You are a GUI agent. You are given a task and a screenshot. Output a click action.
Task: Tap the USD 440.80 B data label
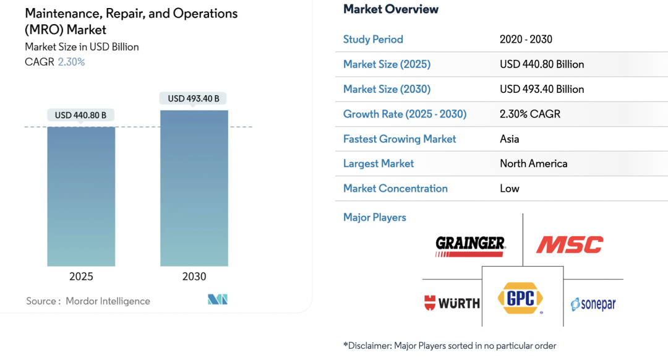pos(80,115)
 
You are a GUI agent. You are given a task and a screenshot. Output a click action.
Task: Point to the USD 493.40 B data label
pos(194,98)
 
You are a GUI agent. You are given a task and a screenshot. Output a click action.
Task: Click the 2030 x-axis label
pos(194,276)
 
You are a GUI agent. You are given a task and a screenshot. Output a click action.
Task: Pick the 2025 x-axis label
pos(81,276)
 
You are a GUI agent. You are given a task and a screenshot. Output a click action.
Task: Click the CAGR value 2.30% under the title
pos(71,62)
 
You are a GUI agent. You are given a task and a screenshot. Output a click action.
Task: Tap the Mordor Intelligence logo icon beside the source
pos(218,300)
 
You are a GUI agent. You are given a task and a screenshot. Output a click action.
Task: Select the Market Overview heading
pos(391,9)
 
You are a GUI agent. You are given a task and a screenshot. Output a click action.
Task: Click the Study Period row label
pos(373,40)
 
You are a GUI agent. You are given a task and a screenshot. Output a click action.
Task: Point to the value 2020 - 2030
pos(526,40)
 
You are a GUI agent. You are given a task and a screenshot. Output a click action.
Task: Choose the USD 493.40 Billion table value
pos(542,89)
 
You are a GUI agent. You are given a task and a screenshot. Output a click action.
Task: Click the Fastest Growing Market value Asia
pos(510,139)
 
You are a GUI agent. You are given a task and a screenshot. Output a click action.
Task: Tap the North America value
pos(533,163)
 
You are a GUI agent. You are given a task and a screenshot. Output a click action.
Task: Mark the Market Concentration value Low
pos(510,188)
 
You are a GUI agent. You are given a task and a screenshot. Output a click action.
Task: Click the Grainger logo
pos(470,245)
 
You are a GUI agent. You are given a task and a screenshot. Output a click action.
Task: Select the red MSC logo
pos(569,245)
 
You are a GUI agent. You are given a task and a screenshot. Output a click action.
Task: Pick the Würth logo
pos(452,303)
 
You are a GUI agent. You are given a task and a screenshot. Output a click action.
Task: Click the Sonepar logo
pos(593,304)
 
